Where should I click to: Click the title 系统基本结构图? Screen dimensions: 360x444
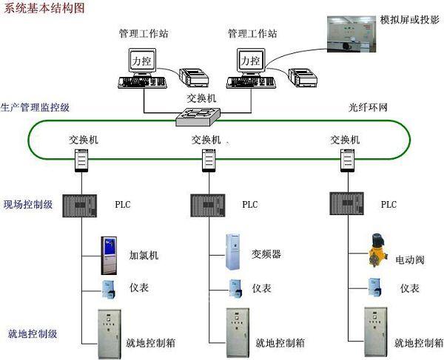[44, 8]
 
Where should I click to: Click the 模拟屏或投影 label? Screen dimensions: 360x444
[409, 18]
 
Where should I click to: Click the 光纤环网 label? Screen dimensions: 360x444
[368, 107]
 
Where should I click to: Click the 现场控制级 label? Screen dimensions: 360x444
[27, 205]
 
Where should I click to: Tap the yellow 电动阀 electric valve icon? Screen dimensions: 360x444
[373, 254]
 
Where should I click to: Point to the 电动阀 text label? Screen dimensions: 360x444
[410, 260]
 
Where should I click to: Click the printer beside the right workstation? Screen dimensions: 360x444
[302, 75]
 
